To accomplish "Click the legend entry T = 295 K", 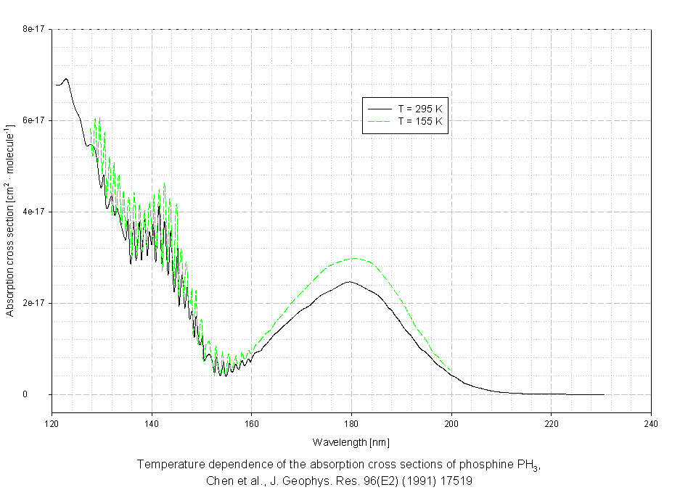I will point(419,108).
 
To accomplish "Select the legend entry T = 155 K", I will point(419,121).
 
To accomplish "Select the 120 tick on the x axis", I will point(52,423).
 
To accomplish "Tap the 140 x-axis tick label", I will point(151,423).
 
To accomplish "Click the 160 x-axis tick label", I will point(251,423).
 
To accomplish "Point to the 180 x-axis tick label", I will point(351,423).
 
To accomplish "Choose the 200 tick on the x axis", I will point(451,423).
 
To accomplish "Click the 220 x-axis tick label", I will point(551,423).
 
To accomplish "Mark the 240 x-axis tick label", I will point(651,423).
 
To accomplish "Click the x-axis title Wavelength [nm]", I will point(351,441).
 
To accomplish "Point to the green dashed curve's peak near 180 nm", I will point(355,258).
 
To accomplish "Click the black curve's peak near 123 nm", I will point(66,78).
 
